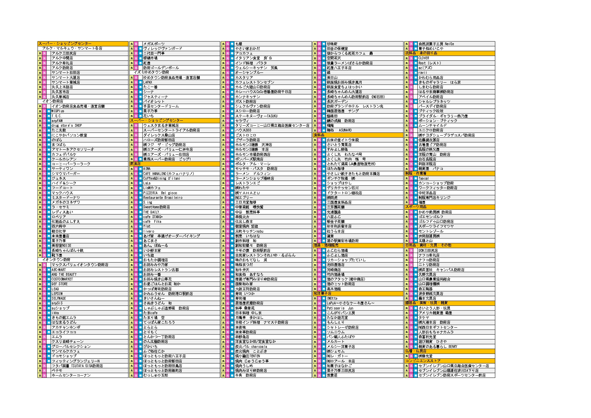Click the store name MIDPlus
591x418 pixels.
[58, 111]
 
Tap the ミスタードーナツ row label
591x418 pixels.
[66, 198]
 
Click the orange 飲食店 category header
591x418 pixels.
[135, 164]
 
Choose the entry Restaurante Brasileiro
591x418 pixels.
[163, 198]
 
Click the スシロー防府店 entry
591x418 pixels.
[247, 111]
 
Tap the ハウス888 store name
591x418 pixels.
[243, 130]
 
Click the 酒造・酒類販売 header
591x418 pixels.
[326, 245]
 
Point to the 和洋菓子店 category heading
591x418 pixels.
[322, 294]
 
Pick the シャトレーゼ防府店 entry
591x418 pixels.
[343, 327]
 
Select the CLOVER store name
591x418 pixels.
[424, 58]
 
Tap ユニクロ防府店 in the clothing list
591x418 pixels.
[431, 130]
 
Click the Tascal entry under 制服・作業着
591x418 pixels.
[424, 178]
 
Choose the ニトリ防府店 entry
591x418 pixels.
[429, 265]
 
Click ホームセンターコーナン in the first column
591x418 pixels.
[71, 375]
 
